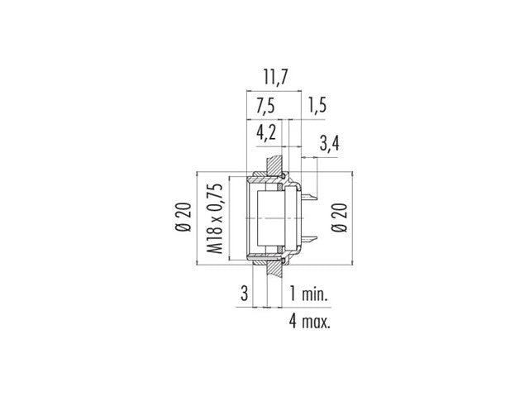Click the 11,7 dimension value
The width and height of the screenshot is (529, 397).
[x=275, y=79]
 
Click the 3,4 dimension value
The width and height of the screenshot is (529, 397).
[x=329, y=146]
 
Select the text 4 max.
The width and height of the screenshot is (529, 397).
[x=311, y=321]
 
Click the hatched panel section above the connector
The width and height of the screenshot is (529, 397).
[x=276, y=166]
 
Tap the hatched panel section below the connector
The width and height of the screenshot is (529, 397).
[x=276, y=269]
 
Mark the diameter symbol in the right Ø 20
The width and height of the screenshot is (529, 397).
[x=338, y=232]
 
